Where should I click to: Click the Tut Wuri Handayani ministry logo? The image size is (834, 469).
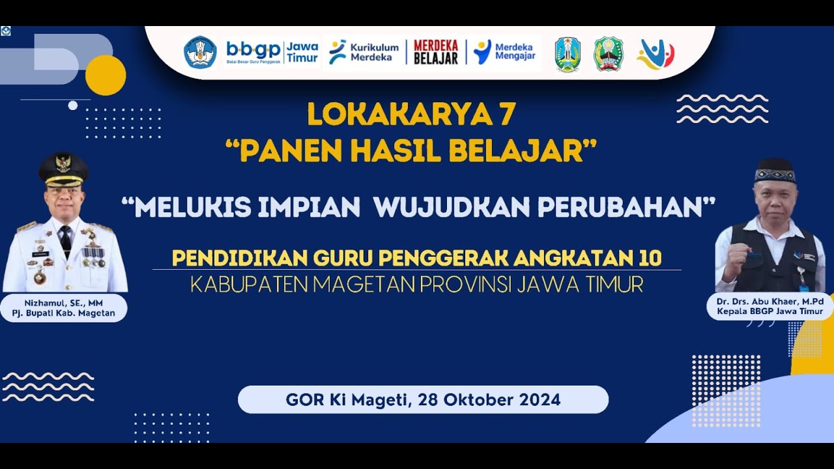pyautogui.click(x=200, y=53)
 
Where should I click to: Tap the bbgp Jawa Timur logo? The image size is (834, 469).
pyautogui.click(x=272, y=51)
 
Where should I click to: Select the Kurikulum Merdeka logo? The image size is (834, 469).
pyautogui.click(x=364, y=52)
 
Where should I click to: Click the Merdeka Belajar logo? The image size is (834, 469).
pyautogui.click(x=436, y=52)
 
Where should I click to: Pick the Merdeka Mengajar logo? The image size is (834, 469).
pyautogui.click(x=505, y=52)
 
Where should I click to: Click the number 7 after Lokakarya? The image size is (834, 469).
pyautogui.click(x=508, y=115)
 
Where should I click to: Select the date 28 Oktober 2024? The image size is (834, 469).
pyautogui.click(x=489, y=399)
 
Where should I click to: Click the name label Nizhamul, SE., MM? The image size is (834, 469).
pyautogui.click(x=63, y=303)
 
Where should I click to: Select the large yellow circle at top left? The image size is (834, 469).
pyautogui.click(x=106, y=75)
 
